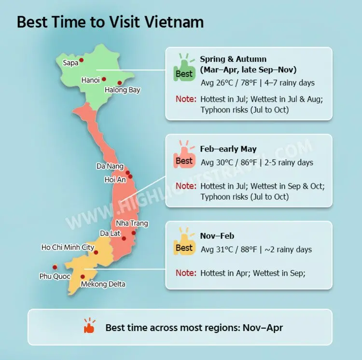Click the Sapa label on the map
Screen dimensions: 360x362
point(70,63)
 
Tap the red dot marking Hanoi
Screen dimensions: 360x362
point(104,79)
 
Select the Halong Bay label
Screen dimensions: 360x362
point(123,90)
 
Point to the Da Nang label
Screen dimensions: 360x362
point(110,166)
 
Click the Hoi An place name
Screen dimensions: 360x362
point(115,180)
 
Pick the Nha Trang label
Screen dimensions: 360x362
point(132,223)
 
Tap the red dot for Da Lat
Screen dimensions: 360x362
point(124,238)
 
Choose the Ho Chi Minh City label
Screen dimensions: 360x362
point(68,248)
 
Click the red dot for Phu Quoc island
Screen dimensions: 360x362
point(55,267)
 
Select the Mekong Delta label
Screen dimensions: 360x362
point(103,284)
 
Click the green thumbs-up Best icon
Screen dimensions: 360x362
point(184,69)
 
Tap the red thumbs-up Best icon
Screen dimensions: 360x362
point(184,156)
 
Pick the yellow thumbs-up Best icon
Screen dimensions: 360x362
point(184,243)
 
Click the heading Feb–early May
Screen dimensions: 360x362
point(228,149)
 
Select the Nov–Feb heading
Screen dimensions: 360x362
point(217,236)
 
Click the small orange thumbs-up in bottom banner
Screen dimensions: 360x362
point(90,327)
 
